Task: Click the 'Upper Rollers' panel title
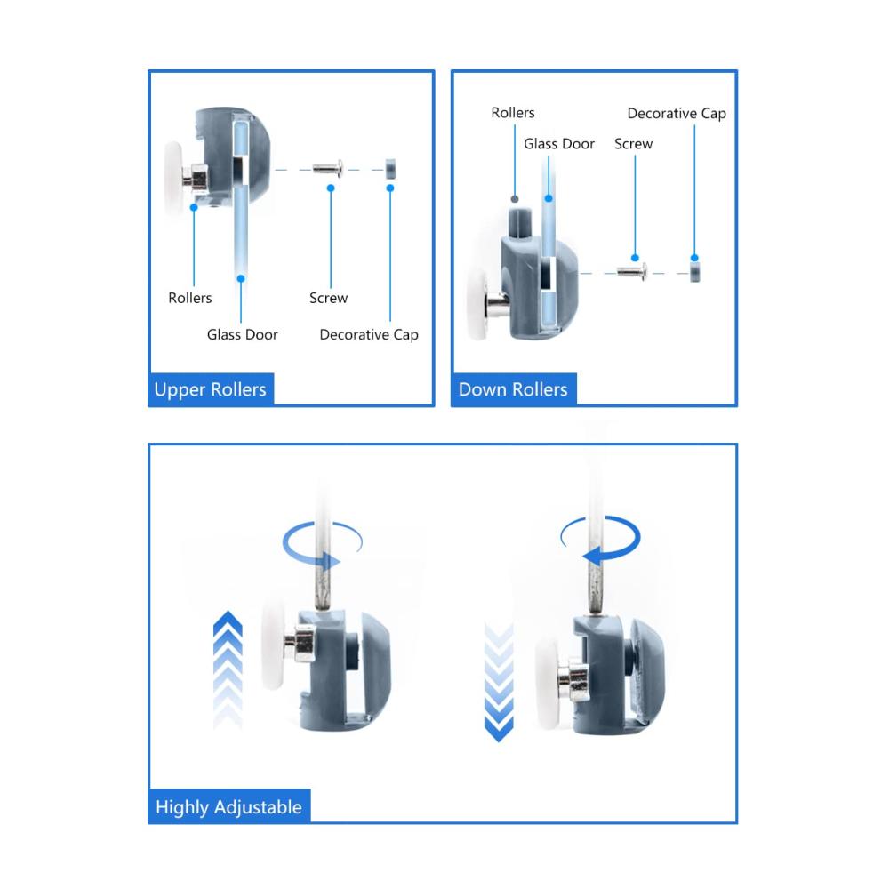click(210, 389)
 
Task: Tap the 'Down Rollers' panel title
click(513, 389)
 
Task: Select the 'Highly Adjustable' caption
click(228, 807)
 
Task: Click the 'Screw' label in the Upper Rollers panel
click(328, 298)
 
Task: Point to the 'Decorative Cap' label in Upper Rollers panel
click(369, 334)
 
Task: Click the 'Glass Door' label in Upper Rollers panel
click(242, 334)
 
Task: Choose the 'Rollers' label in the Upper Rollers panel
click(190, 298)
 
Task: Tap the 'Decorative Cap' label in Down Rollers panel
click(677, 114)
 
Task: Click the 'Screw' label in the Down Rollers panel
click(633, 144)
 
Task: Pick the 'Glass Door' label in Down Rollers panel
click(559, 144)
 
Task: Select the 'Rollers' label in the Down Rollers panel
click(513, 113)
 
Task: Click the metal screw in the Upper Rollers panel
click(328, 168)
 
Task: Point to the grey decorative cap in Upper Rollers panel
click(390, 169)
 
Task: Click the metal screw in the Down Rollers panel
click(632, 272)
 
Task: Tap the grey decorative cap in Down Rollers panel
click(694, 271)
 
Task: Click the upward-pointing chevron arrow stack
click(228, 669)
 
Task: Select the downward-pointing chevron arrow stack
click(499, 682)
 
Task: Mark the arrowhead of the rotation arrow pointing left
click(592, 555)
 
